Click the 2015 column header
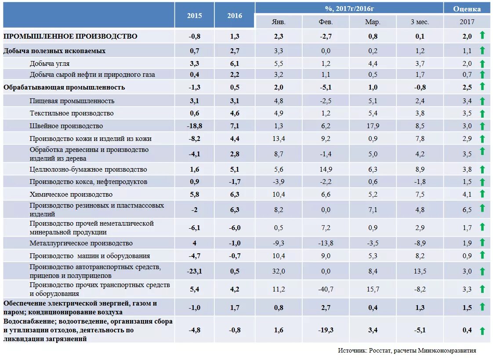[x=194, y=16]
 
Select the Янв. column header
[x=279, y=22]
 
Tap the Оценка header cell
[x=467, y=9]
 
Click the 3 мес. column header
[x=420, y=22]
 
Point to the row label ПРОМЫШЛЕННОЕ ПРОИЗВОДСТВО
[x=70, y=36]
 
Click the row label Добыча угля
[x=50, y=64]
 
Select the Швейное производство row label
[x=66, y=126]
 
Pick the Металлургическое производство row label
[x=81, y=243]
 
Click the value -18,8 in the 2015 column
[x=194, y=126]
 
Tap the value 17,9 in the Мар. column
[x=373, y=126]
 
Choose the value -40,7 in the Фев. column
[x=326, y=289]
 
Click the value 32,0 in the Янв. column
[x=279, y=271]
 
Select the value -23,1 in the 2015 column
[x=194, y=271]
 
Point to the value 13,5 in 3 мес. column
[x=420, y=271]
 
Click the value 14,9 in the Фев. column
[x=326, y=169]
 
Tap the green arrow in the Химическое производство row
[x=482, y=194]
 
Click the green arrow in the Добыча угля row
[x=482, y=64]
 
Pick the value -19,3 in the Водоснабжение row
[x=326, y=330]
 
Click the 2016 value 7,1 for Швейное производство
[x=235, y=126]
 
